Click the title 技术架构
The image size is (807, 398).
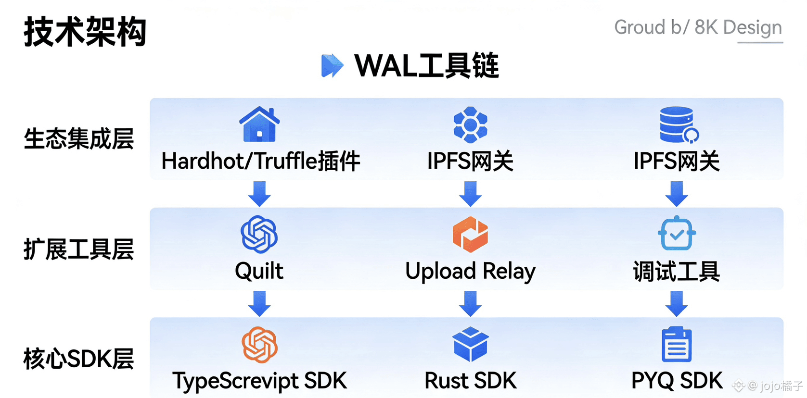[85, 32]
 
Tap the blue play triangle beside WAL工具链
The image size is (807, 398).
[332, 66]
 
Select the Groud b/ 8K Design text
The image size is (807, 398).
[698, 27]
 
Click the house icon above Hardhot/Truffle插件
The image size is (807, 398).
[259, 124]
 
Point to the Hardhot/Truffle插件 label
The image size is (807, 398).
[260, 161]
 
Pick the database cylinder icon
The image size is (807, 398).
[678, 125]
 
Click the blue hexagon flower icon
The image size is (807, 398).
[470, 125]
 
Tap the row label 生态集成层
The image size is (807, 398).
[79, 139]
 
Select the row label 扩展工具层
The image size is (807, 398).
[79, 249]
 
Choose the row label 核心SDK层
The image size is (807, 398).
[79, 359]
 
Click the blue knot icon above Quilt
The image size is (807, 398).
[259, 235]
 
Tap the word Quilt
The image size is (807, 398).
[259, 271]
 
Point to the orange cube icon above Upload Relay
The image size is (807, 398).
[470, 235]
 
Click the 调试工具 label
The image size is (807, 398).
[676, 272]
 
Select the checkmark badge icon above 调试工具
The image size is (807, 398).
[677, 234]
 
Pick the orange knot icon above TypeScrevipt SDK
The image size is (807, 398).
[259, 345]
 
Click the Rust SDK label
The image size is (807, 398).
[470, 381]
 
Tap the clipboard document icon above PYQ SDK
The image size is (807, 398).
[677, 344]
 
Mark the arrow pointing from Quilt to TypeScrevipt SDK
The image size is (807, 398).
[259, 303]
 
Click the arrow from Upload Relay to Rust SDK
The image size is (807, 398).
[470, 303]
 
